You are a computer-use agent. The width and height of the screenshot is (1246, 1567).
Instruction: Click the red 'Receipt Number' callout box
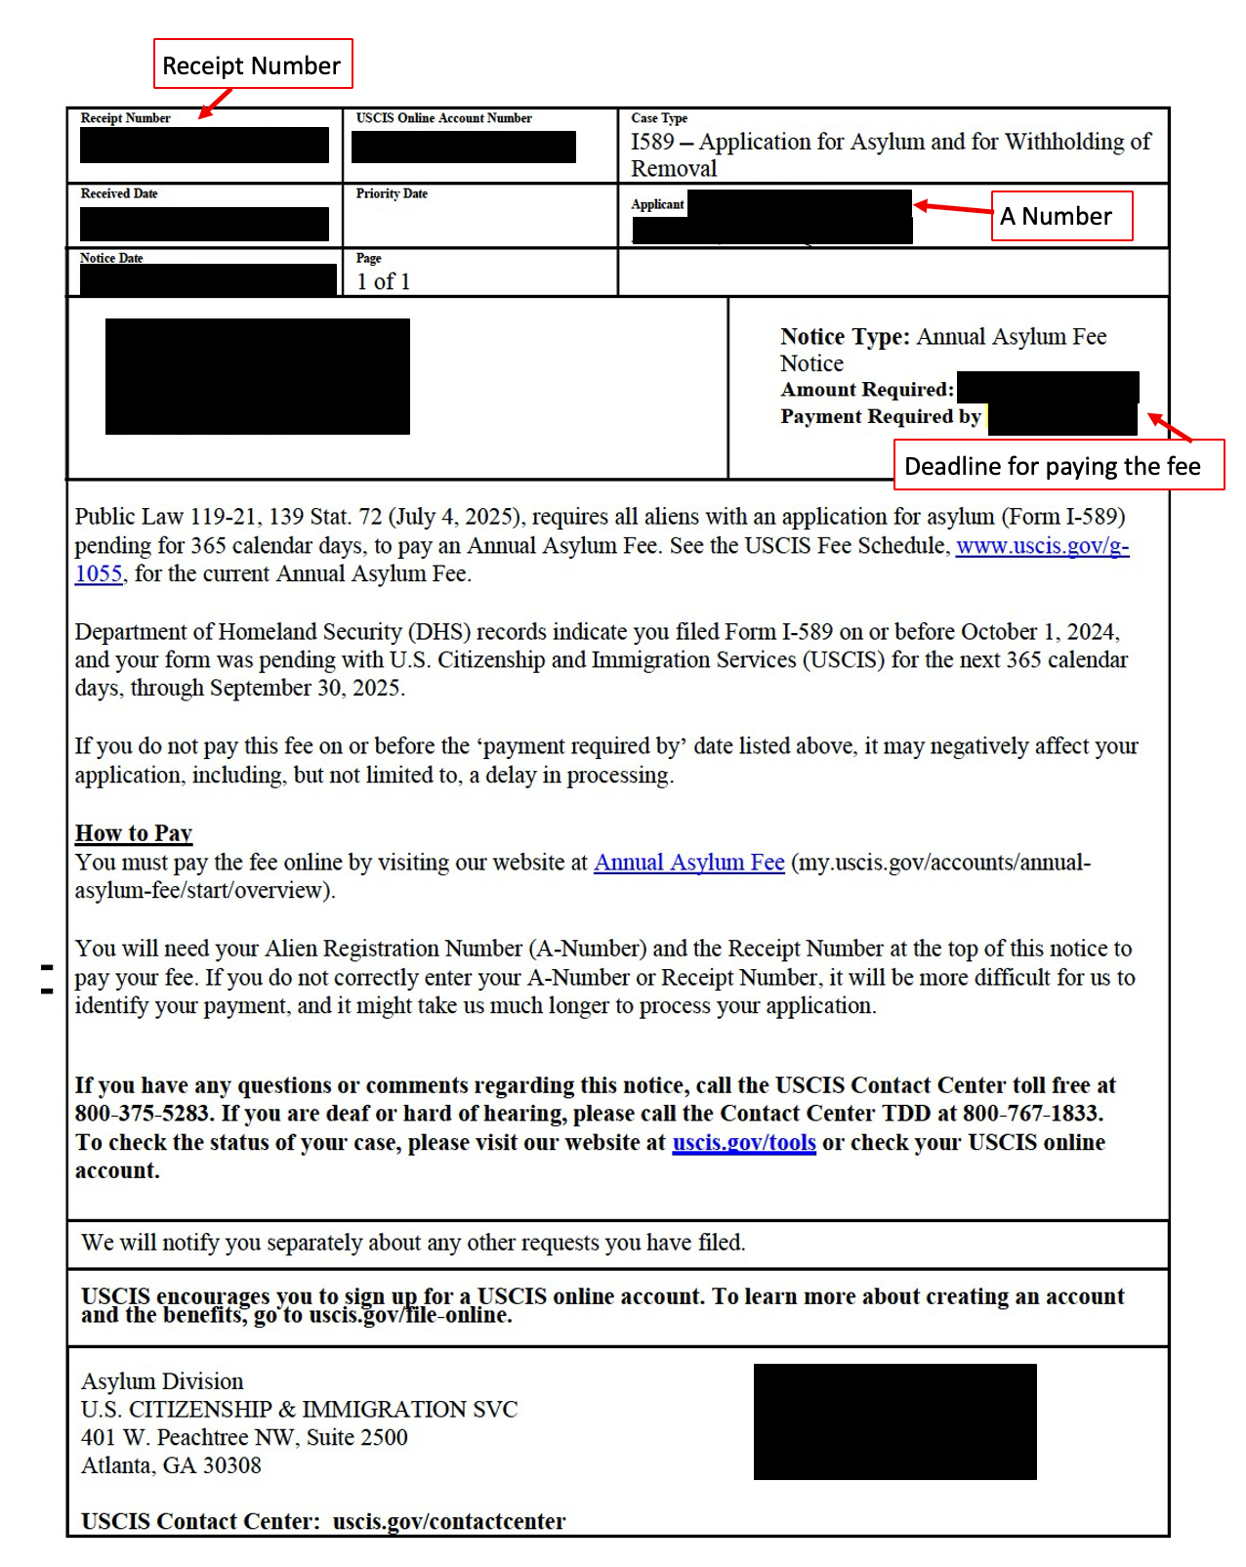(x=252, y=64)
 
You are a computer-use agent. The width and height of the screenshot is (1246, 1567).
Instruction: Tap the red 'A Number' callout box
(x=1060, y=216)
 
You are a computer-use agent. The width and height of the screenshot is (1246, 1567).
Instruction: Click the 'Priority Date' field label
(x=392, y=193)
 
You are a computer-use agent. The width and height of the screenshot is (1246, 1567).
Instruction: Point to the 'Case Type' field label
(x=659, y=118)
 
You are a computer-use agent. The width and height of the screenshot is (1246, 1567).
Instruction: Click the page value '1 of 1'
(x=383, y=281)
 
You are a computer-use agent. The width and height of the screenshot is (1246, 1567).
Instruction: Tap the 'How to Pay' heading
(x=134, y=833)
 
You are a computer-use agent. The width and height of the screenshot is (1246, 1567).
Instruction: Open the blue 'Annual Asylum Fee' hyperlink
(x=688, y=863)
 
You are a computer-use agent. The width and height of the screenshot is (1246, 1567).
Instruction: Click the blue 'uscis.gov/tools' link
(x=743, y=1142)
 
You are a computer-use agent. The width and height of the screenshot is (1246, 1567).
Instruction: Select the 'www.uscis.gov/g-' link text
(x=1042, y=545)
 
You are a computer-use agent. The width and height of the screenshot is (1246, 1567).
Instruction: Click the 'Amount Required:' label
(x=866, y=390)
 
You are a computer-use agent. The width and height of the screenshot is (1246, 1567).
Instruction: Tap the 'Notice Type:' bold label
(x=845, y=337)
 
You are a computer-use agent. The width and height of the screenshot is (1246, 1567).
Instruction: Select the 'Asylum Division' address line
(x=162, y=1381)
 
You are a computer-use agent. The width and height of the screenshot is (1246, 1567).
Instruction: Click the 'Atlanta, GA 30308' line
(x=171, y=1465)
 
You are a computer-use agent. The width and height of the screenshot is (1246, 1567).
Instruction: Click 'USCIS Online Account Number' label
(x=443, y=118)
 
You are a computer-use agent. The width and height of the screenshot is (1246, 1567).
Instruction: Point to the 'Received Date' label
(x=119, y=193)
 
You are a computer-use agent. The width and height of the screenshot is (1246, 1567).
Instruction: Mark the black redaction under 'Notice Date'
(x=208, y=280)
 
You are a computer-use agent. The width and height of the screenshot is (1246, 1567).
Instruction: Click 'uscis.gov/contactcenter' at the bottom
(x=448, y=1521)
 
